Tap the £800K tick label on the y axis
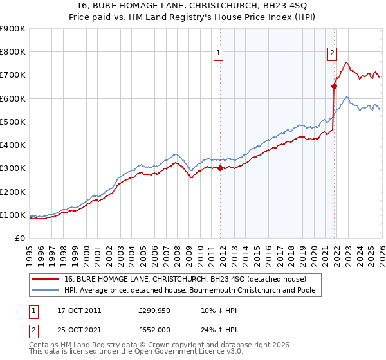pyautogui.click(x=13, y=52)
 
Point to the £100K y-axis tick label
pyautogui.click(x=13, y=215)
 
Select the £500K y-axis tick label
pyautogui.click(x=13, y=122)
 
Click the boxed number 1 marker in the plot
pyautogui.click(x=219, y=53)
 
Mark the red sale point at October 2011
pyautogui.click(x=220, y=168)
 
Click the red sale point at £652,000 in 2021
pyautogui.click(x=334, y=86)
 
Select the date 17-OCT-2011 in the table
pyautogui.click(x=79, y=310)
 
